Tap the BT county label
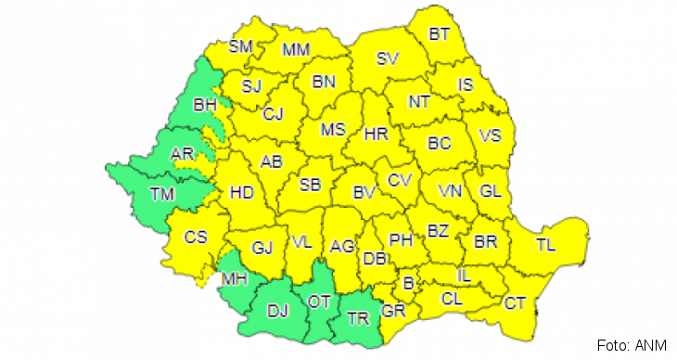440,35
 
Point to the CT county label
515,302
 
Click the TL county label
545,245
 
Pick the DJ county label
278,311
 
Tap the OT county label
321,302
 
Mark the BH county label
205,106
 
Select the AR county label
183,155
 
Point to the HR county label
376,134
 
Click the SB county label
310,184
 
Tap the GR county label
393,311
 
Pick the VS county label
490,135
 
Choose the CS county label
195,237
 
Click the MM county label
296,49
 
